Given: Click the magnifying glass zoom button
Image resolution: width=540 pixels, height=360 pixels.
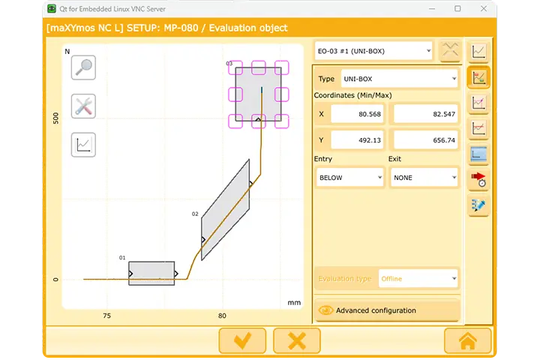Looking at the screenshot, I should [x=83, y=67].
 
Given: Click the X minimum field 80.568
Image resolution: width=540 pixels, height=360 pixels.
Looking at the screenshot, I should [x=357, y=114].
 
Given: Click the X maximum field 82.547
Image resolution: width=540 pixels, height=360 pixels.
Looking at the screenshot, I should [x=425, y=114].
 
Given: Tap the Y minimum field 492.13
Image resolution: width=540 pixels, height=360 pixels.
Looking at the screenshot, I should [x=357, y=140].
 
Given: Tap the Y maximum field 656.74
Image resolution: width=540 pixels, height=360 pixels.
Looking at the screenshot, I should [x=425, y=140].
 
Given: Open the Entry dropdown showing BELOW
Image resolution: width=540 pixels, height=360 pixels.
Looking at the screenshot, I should [x=349, y=178].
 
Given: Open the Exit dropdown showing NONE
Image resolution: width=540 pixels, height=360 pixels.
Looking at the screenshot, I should [x=424, y=178].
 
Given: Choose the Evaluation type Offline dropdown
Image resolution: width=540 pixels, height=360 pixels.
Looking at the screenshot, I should [x=418, y=278].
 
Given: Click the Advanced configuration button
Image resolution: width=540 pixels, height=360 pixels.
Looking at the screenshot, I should [x=386, y=310].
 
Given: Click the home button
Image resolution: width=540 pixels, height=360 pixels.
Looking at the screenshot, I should [x=467, y=340].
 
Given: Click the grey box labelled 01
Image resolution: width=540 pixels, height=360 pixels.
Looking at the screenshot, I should [x=151, y=274].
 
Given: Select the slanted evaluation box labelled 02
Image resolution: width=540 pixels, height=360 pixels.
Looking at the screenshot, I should [x=225, y=210].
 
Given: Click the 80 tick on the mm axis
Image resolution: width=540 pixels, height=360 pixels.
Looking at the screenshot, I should [x=222, y=316].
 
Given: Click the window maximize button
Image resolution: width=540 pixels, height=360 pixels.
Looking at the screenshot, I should [x=457, y=9].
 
